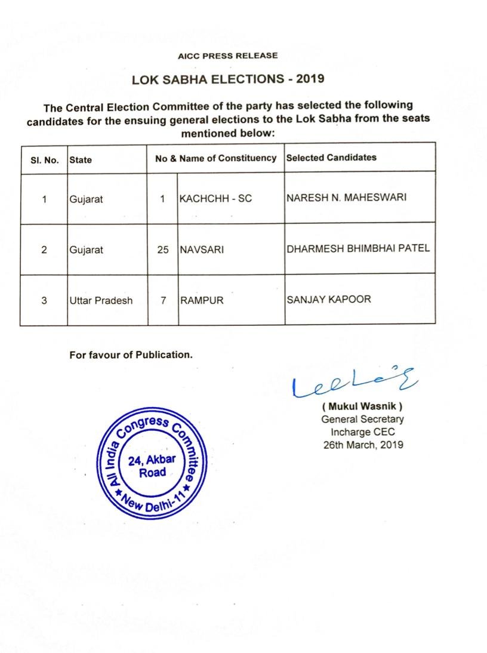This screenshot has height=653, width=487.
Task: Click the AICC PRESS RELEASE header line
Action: (x=227, y=56)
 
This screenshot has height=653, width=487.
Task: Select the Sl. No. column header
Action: (x=44, y=159)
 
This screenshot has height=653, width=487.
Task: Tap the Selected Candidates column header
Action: (x=331, y=158)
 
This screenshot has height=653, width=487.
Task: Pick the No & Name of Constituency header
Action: (x=215, y=158)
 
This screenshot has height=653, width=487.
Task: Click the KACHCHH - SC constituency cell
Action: (x=215, y=199)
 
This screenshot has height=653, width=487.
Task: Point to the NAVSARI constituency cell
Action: (x=202, y=250)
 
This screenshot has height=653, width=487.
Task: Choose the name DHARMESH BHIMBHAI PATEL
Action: (x=358, y=248)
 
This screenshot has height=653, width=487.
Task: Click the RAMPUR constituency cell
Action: (x=202, y=300)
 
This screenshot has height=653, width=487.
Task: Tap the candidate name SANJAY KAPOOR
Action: (x=328, y=299)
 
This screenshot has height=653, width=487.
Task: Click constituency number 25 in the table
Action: (x=163, y=250)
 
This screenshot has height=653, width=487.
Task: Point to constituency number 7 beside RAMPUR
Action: (x=163, y=300)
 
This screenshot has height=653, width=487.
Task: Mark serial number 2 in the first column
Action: (x=44, y=250)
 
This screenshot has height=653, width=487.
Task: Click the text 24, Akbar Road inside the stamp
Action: (x=152, y=466)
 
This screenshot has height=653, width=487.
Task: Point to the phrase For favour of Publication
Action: (x=131, y=355)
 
